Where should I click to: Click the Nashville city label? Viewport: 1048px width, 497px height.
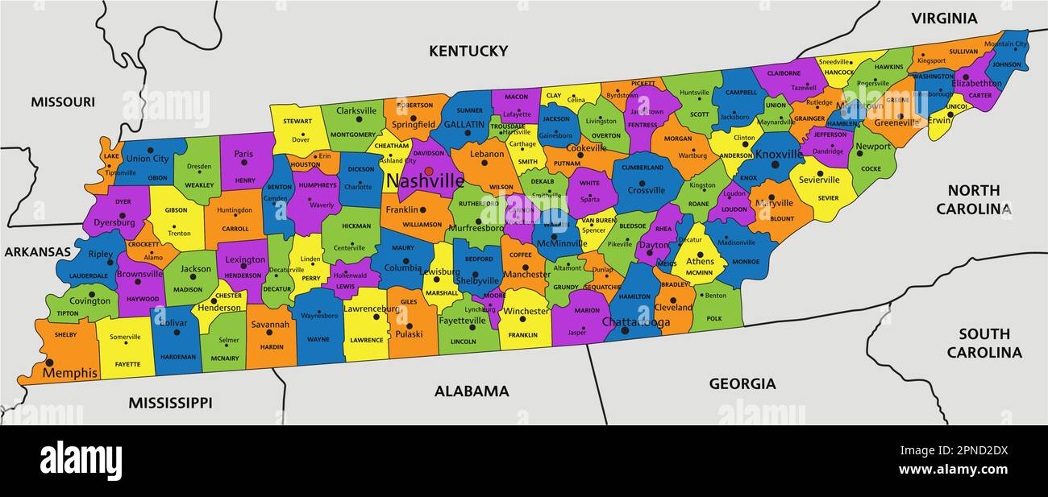point(425,181)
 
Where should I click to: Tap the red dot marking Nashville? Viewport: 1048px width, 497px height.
point(429,171)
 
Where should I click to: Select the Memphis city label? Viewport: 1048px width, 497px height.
point(70,373)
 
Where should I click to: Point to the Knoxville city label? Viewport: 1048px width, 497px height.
point(779,154)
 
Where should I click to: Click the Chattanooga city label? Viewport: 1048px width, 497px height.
point(636,322)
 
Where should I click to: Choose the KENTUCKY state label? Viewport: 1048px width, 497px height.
point(468,51)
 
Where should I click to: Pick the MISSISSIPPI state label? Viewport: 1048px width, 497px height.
point(170,402)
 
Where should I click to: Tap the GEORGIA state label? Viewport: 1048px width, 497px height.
point(742,383)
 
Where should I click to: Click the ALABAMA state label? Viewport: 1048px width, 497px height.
point(472,391)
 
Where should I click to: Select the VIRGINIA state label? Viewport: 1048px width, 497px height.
point(944,18)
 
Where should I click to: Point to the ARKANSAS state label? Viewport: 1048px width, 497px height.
point(38,251)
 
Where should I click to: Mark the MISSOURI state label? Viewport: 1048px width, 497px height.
point(63,101)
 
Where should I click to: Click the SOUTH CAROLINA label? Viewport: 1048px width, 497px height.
point(984,343)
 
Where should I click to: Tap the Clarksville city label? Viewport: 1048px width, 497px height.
point(356,111)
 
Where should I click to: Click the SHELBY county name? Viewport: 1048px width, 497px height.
point(65,334)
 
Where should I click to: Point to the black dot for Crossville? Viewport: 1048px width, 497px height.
point(647,180)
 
